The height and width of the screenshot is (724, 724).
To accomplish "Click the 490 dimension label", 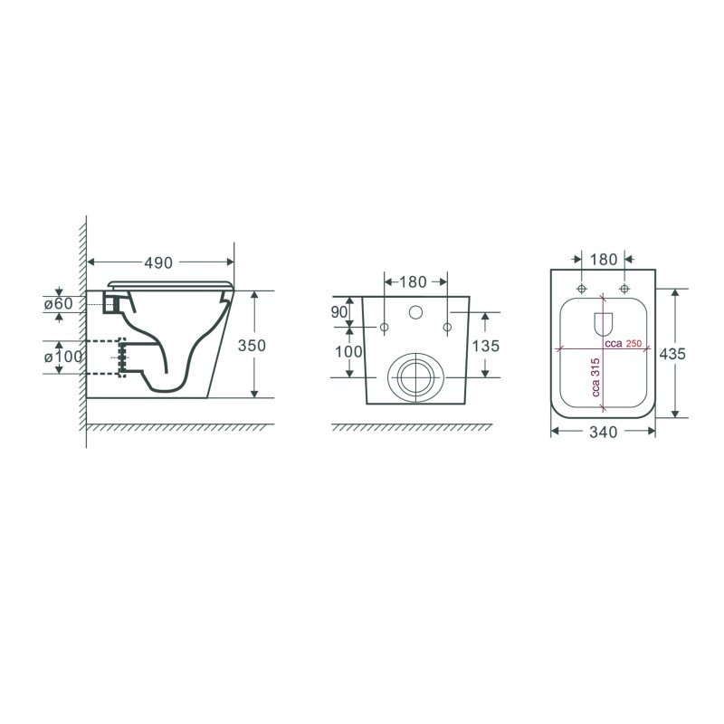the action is [158, 262].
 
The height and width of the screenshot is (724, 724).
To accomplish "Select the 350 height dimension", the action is [252, 346].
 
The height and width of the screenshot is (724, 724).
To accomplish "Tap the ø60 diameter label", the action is [59, 303].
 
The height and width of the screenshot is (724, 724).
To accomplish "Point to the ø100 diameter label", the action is [63, 357].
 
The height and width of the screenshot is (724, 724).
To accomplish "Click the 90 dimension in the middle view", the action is [338, 312].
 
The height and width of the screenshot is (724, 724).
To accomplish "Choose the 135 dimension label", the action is [486, 346].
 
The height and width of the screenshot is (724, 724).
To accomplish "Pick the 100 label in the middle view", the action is [348, 352].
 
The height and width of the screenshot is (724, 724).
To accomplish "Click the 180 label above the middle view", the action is [414, 281].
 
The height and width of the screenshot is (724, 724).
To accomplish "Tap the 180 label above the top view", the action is [604, 260].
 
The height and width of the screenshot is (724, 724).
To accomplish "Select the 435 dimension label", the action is [672, 354].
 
